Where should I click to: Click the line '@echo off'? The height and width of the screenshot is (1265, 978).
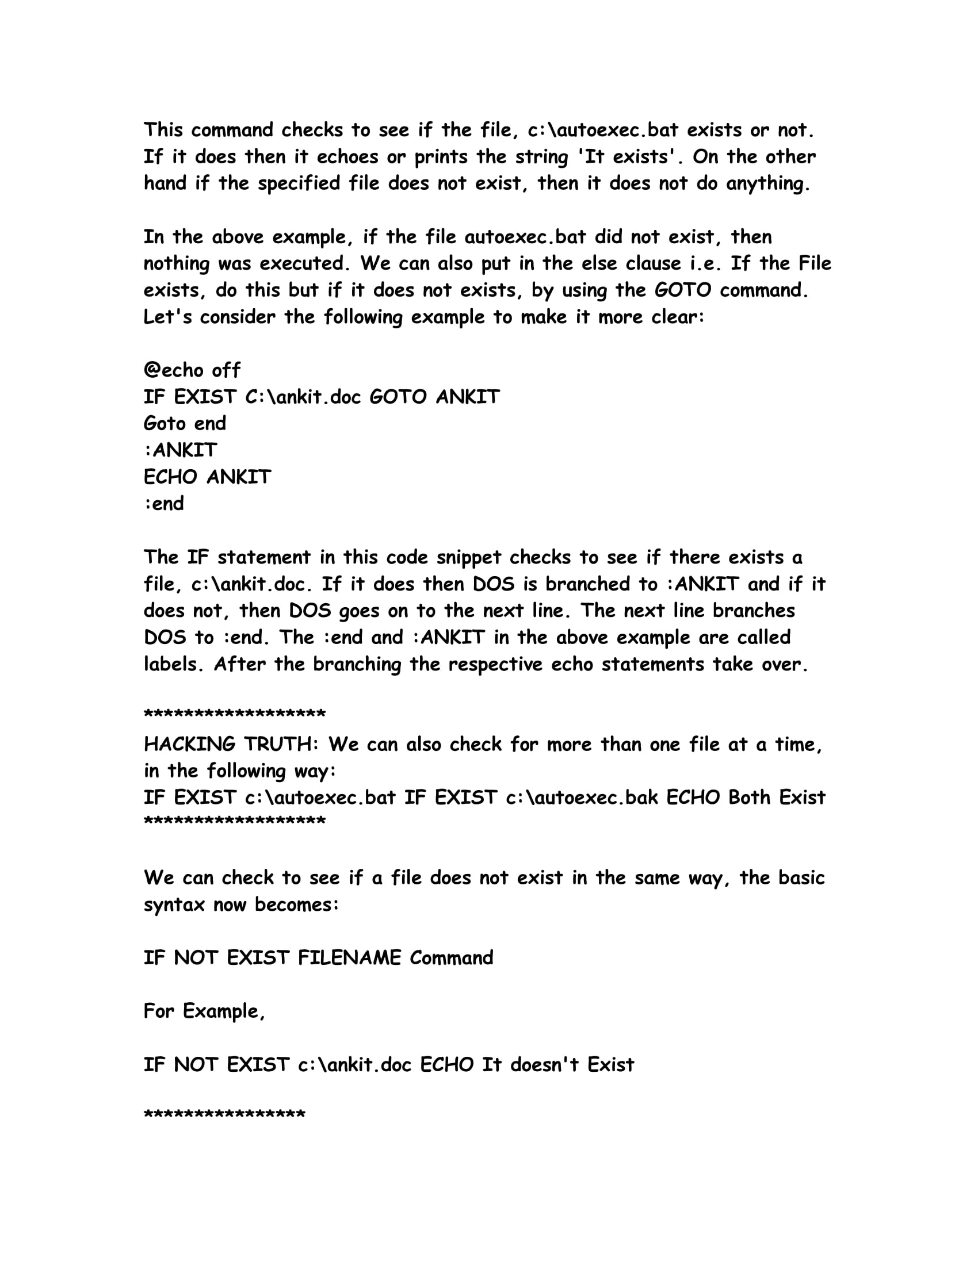coord(192,370)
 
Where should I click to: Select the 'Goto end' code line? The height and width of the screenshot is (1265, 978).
coord(185,423)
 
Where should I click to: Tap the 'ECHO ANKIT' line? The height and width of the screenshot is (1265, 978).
coord(207,477)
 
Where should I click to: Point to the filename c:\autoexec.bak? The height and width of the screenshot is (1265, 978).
coord(582,797)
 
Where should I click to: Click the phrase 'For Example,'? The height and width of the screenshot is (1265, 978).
coord(204,1011)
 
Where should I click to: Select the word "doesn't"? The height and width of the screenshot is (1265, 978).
coord(544,1064)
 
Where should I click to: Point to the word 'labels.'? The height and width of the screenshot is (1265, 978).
coord(174,664)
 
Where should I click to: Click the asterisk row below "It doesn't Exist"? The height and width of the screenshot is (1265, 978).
coord(224,1114)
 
